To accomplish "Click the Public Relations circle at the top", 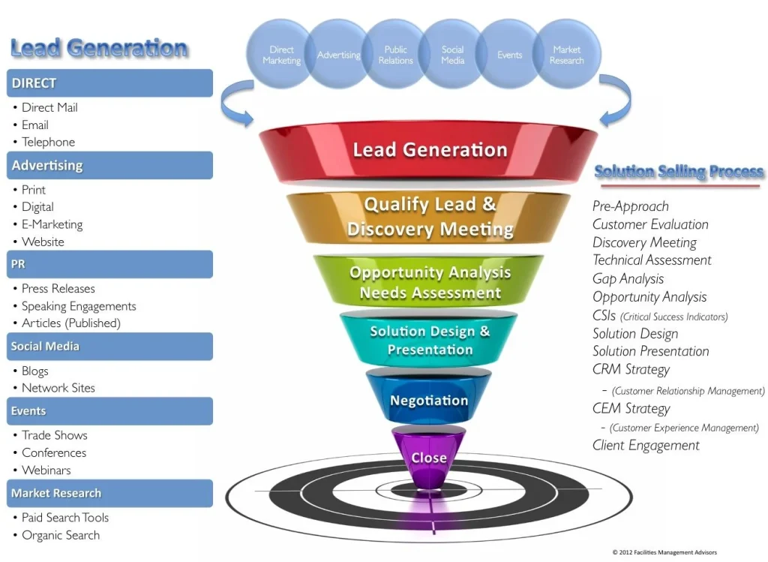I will (395, 55).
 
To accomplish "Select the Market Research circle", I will (566, 55).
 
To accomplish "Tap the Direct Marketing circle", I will (281, 55).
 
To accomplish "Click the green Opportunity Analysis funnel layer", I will (429, 282).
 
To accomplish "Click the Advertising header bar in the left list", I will (109, 165).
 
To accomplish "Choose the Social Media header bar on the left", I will (109, 346).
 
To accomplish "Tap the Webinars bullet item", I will (46, 470).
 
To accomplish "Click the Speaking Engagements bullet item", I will (79, 306).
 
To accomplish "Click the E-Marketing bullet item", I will (52, 224).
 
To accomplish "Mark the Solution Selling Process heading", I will (679, 172).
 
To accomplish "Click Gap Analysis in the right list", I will (628, 279).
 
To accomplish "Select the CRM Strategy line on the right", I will (631, 369).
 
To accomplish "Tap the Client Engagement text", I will (646, 445).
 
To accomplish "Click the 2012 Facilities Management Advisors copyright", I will (664, 552).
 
